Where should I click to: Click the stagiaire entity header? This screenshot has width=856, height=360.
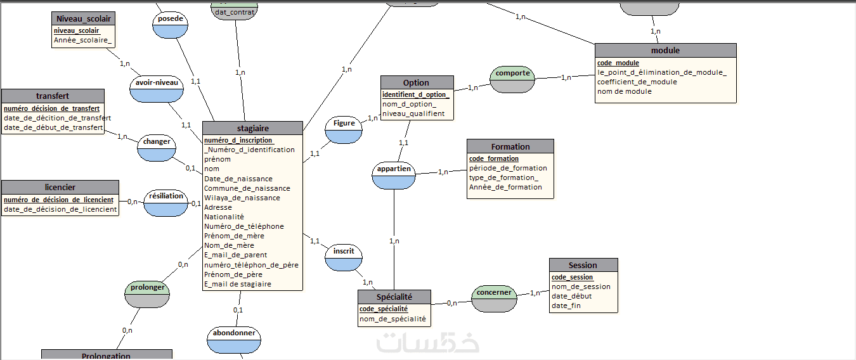click(x=252, y=128)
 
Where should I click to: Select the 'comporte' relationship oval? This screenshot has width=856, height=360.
click(x=512, y=77)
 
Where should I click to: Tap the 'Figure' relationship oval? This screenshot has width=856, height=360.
click(x=344, y=129)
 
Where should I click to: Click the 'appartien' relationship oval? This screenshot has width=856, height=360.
click(x=394, y=175)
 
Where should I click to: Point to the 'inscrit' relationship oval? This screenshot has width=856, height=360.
click(x=343, y=257)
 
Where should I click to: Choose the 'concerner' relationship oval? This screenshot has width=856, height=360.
click(x=494, y=298)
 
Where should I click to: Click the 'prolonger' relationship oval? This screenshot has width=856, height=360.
click(x=148, y=293)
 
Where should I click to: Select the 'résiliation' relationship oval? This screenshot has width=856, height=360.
click(x=166, y=202)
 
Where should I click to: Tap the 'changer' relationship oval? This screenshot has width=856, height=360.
click(x=156, y=147)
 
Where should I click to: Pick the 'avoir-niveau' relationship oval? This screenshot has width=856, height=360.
click(x=156, y=88)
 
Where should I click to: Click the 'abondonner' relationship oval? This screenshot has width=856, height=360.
click(x=234, y=339)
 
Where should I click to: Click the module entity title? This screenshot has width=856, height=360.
click(x=665, y=50)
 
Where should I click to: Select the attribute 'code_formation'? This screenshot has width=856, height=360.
click(x=494, y=158)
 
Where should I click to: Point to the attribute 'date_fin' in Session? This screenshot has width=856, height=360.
click(x=566, y=305)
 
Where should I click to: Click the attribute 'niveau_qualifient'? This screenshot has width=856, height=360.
click(x=413, y=114)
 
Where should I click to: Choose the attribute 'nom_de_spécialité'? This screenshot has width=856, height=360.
click(x=392, y=319)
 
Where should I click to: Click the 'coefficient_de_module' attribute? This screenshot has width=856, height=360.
click(x=637, y=82)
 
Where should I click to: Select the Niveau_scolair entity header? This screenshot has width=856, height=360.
click(x=84, y=19)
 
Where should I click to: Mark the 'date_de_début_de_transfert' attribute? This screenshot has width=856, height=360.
click(x=53, y=127)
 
